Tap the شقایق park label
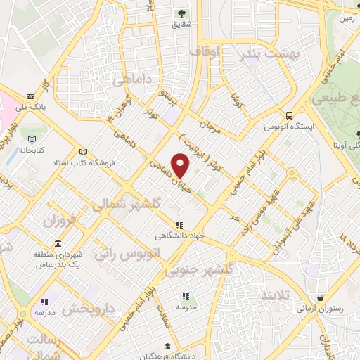pos(181,25)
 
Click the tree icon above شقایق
pos(181,13)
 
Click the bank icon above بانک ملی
pos(30,96)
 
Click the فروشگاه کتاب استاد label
pos(84,163)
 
